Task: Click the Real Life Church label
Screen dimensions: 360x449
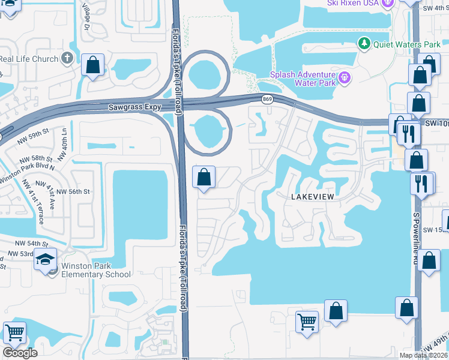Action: [29, 59]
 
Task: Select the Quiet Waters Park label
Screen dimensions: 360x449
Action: [398, 44]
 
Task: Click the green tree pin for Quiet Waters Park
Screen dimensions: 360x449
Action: [363, 44]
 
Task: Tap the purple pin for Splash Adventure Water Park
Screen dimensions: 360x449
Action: [345, 77]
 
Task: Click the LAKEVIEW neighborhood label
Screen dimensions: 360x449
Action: [312, 197]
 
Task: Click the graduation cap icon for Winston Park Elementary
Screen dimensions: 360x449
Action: [45, 259]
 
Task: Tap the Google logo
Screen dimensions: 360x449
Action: [20, 353]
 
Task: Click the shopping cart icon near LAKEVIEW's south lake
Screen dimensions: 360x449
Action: [307, 322]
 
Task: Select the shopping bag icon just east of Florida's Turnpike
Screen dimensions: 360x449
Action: [203, 177]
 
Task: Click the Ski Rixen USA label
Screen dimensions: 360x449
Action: [353, 3]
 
